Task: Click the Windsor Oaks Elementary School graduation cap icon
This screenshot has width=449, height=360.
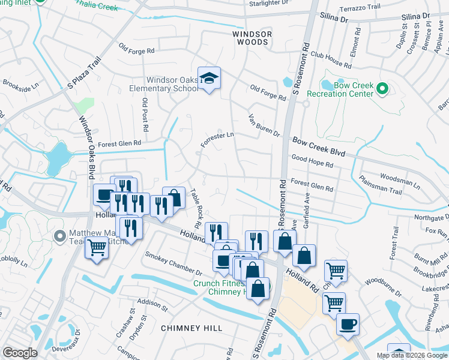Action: (209, 79)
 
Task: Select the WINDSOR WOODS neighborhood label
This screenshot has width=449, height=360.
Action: (252, 38)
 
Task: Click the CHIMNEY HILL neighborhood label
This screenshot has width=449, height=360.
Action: (191, 328)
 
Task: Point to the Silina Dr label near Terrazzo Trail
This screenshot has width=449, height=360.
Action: (334, 19)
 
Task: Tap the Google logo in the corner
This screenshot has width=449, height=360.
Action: (20, 352)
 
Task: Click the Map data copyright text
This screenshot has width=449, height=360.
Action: (412, 355)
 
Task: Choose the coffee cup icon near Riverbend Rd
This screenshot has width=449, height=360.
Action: (348, 325)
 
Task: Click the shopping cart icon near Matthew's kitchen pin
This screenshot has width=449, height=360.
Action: (96, 248)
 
